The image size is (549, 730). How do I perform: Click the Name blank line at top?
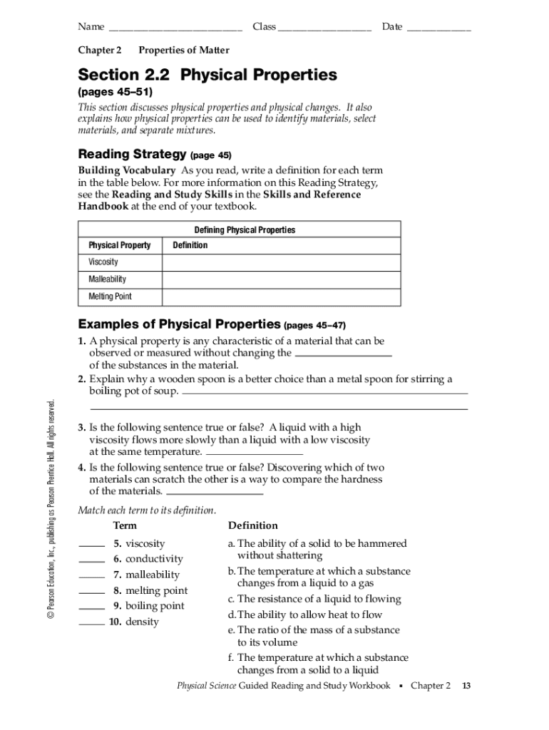pos(175,29)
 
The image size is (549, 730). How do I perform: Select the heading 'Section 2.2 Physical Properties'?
pos(207,75)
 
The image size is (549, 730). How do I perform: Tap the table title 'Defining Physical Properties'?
pos(245,230)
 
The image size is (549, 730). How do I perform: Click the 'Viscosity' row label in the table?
pos(103,262)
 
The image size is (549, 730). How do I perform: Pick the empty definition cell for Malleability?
pos(281,279)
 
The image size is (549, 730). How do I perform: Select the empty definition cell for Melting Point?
pos(281,297)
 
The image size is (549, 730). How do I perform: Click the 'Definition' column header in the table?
pos(190,245)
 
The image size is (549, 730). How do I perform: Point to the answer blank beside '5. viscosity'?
pos(91,545)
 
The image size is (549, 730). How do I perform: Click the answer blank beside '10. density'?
pos(91,623)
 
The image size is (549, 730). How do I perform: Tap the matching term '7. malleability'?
pos(146,575)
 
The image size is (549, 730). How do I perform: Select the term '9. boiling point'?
pos(148,606)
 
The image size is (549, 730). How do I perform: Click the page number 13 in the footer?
pos(466,686)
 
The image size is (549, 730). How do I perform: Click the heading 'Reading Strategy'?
pos(132,154)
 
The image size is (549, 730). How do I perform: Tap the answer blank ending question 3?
pos(254,453)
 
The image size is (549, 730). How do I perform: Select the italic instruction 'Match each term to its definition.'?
pos(147,510)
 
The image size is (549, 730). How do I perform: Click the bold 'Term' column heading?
pos(125,525)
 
